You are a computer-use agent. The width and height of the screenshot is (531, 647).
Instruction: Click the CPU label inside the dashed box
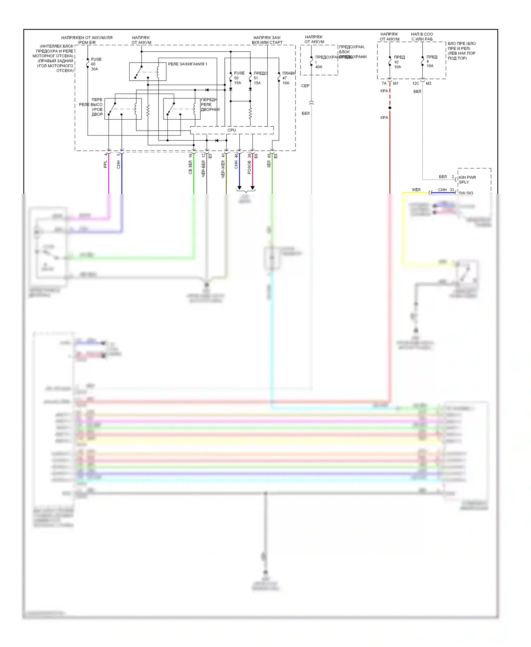click(x=232, y=130)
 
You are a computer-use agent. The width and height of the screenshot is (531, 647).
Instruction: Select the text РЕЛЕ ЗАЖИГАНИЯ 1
click(x=188, y=64)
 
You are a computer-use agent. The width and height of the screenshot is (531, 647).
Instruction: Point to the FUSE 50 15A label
click(x=239, y=78)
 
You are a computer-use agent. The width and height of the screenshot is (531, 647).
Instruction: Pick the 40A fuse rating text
click(x=319, y=67)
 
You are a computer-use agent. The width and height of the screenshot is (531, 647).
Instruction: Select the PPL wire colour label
click(x=105, y=164)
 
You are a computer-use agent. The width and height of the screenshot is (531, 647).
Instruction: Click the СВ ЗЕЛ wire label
click(x=190, y=167)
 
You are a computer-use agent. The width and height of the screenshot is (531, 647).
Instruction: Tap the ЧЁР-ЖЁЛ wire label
click(x=223, y=169)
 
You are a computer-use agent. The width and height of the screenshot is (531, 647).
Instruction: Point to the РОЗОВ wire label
click(x=249, y=167)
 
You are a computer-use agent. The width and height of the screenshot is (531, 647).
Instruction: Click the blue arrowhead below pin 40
click(x=239, y=188)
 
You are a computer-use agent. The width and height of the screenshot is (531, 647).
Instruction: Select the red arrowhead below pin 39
click(x=252, y=188)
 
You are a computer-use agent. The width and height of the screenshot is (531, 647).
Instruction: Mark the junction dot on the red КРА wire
click(x=390, y=108)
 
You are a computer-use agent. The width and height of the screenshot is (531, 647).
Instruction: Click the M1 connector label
click(x=396, y=84)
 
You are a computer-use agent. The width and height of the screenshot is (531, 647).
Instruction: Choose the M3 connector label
click(x=428, y=84)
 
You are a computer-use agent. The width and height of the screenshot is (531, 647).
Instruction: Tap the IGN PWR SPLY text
click(x=467, y=180)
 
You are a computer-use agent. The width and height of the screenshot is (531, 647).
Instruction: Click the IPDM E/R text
click(x=87, y=42)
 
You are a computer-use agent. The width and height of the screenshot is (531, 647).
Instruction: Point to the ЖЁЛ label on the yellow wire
click(x=416, y=190)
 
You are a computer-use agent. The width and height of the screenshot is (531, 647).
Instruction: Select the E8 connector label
click(x=276, y=156)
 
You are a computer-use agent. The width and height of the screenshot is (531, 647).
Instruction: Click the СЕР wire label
click(x=305, y=86)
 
